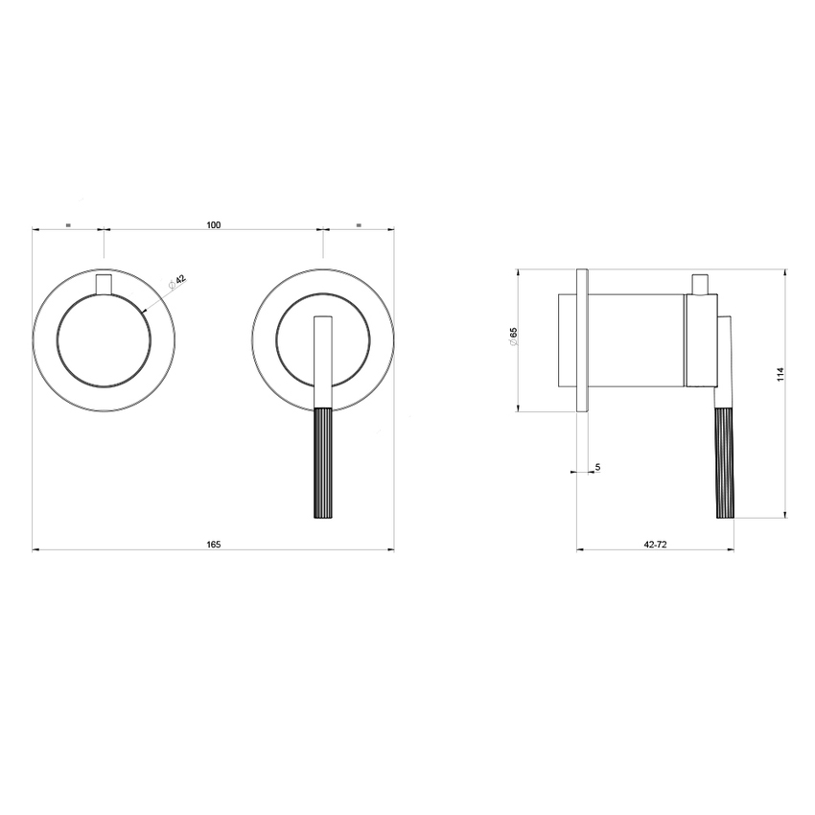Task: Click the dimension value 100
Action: click(213, 225)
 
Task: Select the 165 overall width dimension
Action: click(213, 545)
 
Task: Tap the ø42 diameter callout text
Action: click(177, 282)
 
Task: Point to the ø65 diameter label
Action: click(514, 337)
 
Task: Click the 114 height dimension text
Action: click(780, 375)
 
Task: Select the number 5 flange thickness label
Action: click(597, 467)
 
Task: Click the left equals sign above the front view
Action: click(68, 225)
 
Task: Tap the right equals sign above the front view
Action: click(359, 225)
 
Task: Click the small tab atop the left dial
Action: click(104, 285)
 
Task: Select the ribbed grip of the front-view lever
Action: click(323, 464)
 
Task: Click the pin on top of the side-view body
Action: click(701, 284)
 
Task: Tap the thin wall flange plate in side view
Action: click(581, 340)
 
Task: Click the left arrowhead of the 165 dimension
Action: click(36, 549)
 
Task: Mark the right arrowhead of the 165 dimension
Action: click(390, 549)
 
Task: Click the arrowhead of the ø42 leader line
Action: click(144, 309)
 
